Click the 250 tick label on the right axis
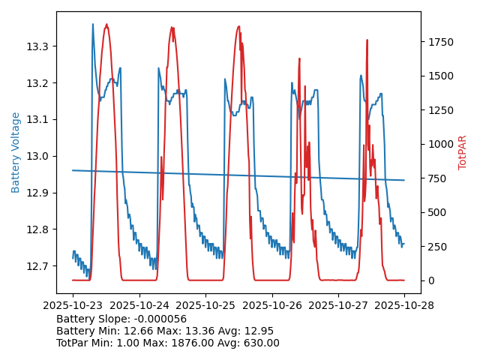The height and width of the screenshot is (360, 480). click(436, 247)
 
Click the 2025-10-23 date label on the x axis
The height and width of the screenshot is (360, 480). click(73, 306)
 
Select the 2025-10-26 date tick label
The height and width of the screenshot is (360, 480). click(272, 306)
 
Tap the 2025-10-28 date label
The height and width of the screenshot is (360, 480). click(404, 306)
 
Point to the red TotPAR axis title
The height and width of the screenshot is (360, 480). click(463, 152)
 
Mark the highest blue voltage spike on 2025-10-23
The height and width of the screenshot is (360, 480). click(93, 25)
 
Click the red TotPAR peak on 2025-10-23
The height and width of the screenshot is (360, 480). click(106, 25)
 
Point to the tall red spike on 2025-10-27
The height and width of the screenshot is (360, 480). click(367, 40)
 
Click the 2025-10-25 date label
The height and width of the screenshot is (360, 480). click(205, 306)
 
